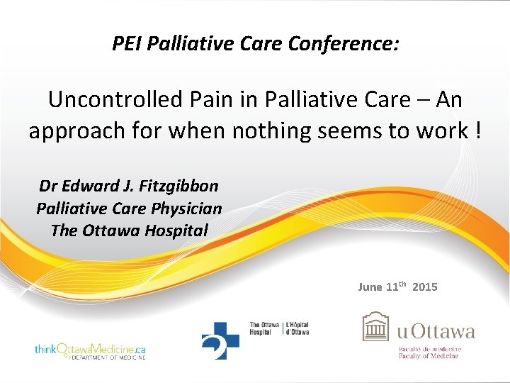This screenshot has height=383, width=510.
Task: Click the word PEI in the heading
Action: [126, 45]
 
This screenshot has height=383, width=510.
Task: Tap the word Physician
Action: [186, 209]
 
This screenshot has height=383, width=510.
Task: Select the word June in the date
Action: [370, 287]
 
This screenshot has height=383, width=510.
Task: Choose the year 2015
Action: [424, 287]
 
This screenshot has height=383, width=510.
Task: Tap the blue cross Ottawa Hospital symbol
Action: [220, 339]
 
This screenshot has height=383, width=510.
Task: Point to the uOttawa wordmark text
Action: [436, 331]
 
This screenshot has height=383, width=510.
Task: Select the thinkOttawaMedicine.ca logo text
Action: [90, 348]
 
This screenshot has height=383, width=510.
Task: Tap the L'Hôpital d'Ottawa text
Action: [297, 328]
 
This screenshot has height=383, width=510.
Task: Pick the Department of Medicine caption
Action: [107, 357]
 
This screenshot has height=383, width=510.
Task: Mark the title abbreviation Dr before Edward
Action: [48, 187]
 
